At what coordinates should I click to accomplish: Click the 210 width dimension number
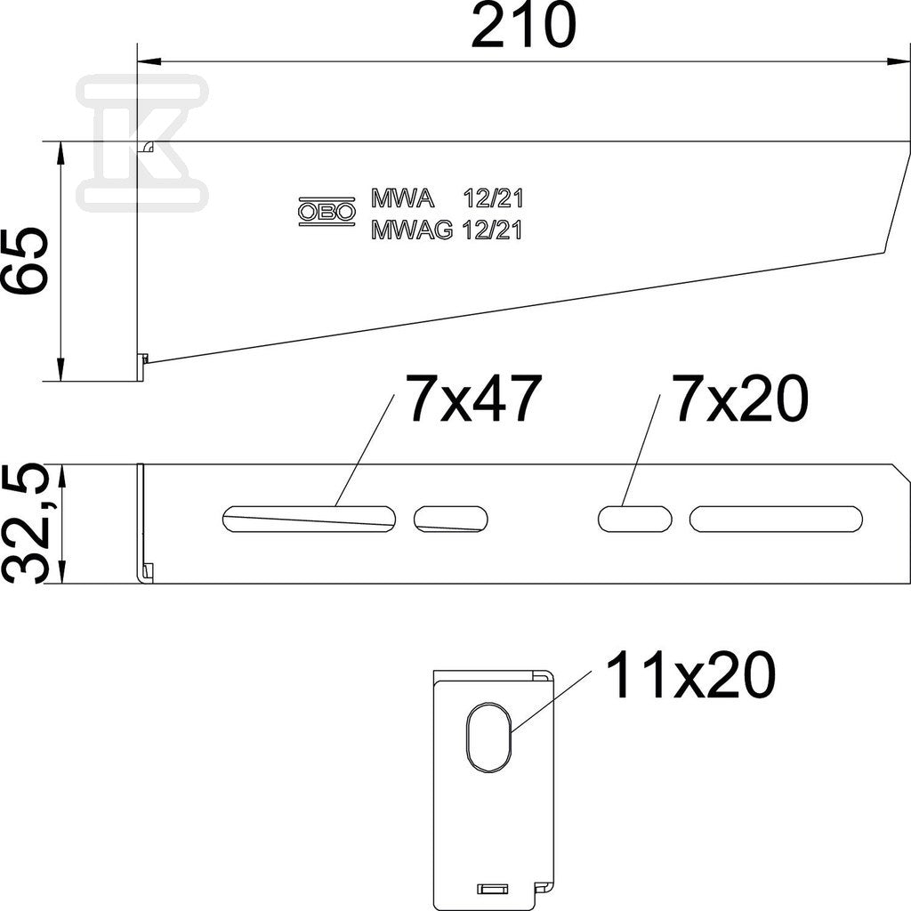point(523,26)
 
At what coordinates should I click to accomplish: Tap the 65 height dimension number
point(24,261)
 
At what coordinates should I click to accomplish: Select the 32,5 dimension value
point(24,523)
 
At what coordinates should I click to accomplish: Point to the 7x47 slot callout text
point(474,399)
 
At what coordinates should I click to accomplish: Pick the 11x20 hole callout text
point(690,675)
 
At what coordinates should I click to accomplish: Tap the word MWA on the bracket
point(403,199)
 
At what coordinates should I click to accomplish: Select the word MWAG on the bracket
point(412,231)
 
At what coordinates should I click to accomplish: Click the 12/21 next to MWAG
point(493,231)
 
